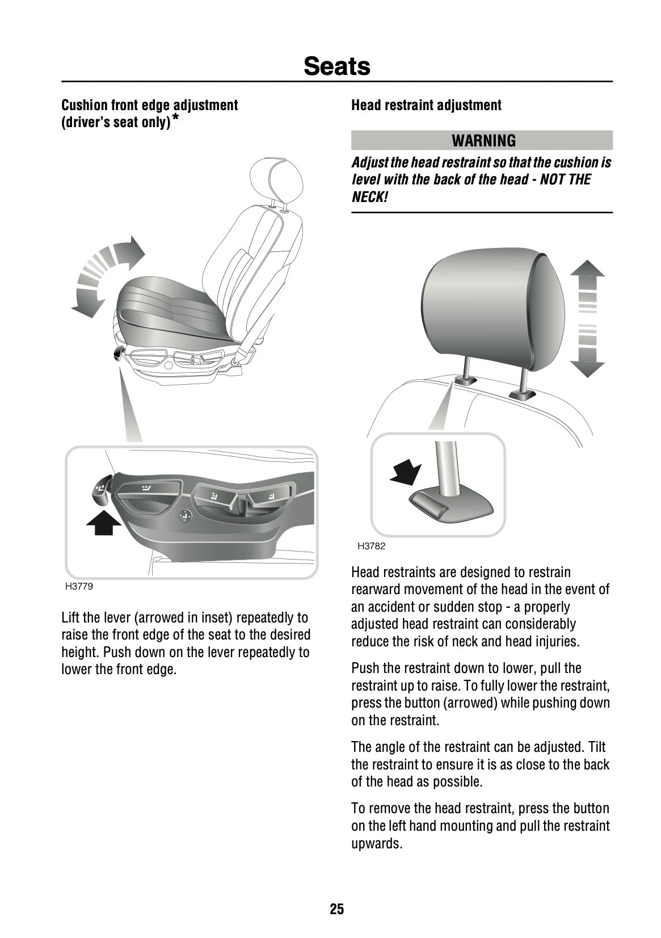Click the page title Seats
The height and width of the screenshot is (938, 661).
[336, 66]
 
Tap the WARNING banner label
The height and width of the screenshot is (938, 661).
[483, 140]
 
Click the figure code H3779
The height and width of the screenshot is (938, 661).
[79, 587]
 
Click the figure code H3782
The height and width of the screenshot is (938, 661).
[371, 546]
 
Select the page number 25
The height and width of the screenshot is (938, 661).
[336, 910]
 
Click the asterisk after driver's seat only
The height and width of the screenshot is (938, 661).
[176, 119]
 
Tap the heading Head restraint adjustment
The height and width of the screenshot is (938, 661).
[426, 105]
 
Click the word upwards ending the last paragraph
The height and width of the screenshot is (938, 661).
[376, 843]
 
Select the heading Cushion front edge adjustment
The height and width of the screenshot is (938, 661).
[149, 105]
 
